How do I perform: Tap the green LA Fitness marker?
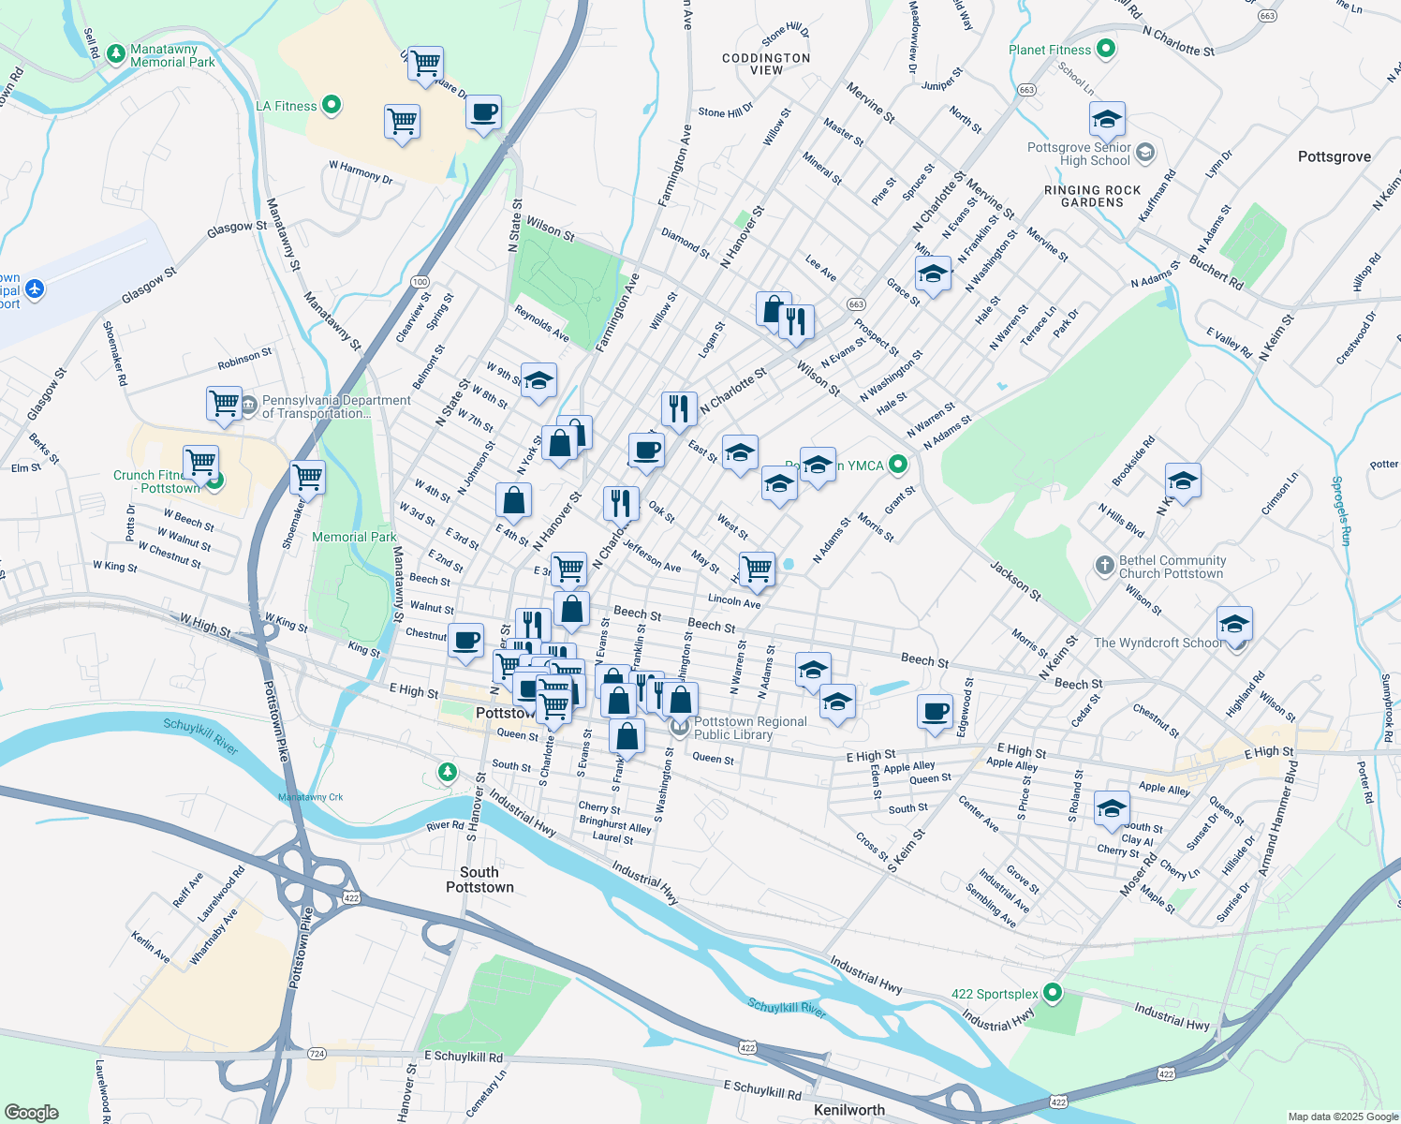pos(332,106)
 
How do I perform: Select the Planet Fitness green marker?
pos(1106,49)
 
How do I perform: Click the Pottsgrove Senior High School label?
pos(1079,155)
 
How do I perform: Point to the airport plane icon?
pos(36,288)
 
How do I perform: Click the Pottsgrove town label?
pos(1334,156)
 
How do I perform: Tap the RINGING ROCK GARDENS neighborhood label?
pos(1092,196)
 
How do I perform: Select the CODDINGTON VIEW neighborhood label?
pos(766,64)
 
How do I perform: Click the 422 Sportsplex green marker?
pos(1053,992)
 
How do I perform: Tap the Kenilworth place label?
pos(848,1110)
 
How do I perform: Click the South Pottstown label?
pos(479,880)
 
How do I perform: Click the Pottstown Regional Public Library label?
pos(749,728)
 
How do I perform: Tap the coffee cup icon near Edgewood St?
pos(935,711)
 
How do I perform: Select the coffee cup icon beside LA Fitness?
pos(483,112)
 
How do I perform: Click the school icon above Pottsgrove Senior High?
pos(1107,119)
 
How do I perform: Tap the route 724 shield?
pos(317,1054)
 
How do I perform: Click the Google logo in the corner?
pos(31,1112)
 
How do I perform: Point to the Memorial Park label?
pos(354,537)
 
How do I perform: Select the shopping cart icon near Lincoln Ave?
pos(757,568)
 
